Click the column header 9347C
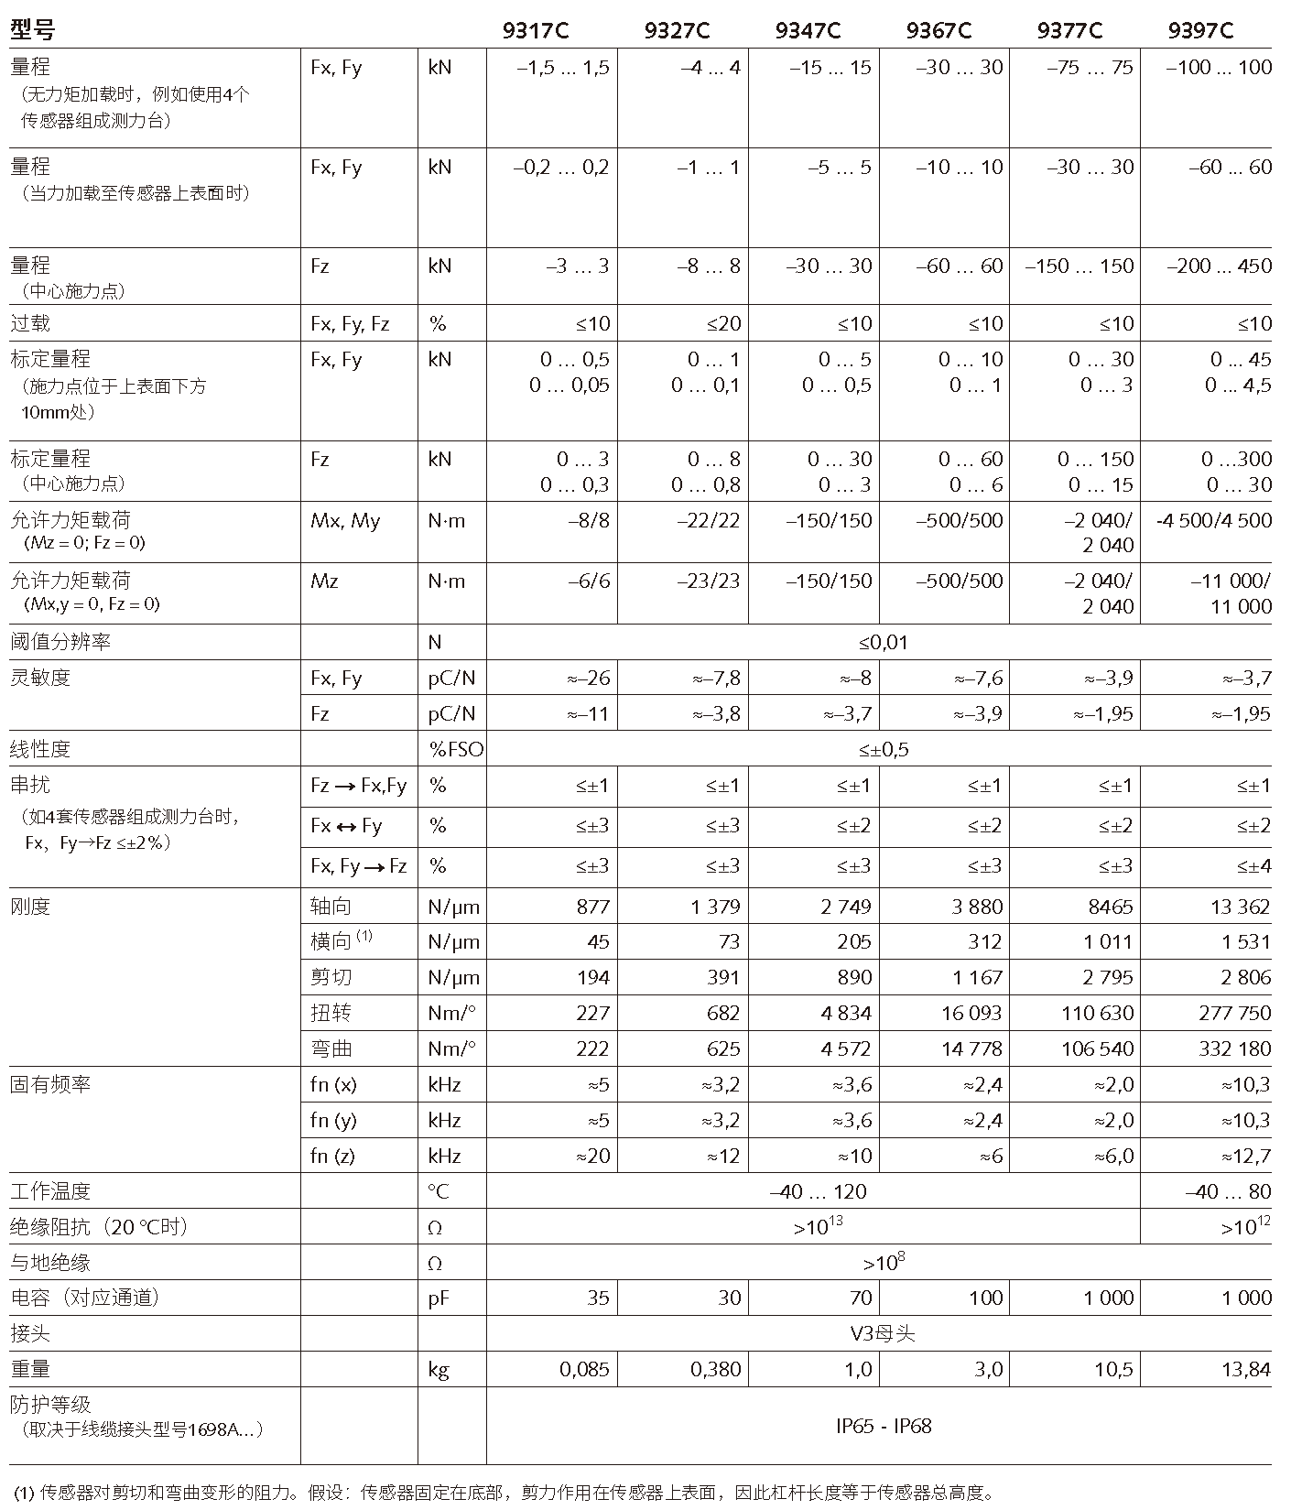pyautogui.click(x=807, y=31)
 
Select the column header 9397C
pyautogui.click(x=1200, y=31)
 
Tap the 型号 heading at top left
pyautogui.click(x=32, y=31)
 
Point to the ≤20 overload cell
pyautogui.click(x=723, y=323)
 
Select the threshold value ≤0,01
pyautogui.click(x=883, y=643)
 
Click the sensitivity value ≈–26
pyautogui.click(x=588, y=679)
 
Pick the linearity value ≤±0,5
pyautogui.click(x=883, y=750)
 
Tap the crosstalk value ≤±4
pyautogui.click(x=1253, y=866)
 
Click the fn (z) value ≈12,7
pyautogui.click(x=1245, y=1157)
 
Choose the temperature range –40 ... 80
pyautogui.click(x=1227, y=1192)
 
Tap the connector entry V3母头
pyautogui.click(x=883, y=1334)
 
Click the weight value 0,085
pyautogui.click(x=584, y=1370)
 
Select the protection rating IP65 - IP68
pyautogui.click(x=883, y=1426)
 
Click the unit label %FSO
pyautogui.click(x=455, y=750)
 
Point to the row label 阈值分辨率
pyautogui.click(x=60, y=643)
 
